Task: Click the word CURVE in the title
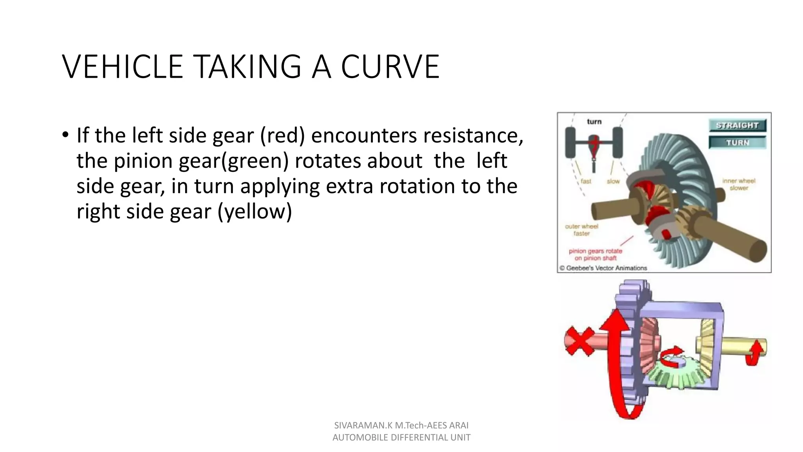click(390, 67)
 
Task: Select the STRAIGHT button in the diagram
click(737, 126)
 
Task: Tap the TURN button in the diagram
click(737, 143)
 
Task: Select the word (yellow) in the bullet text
click(255, 211)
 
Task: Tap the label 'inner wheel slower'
click(739, 184)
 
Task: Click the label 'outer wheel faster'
click(581, 230)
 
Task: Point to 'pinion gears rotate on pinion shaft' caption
click(595, 255)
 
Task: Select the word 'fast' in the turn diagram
click(586, 181)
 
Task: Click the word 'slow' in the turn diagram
click(613, 181)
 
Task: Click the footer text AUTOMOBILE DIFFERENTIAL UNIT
click(401, 437)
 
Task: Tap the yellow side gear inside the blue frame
click(706, 345)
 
